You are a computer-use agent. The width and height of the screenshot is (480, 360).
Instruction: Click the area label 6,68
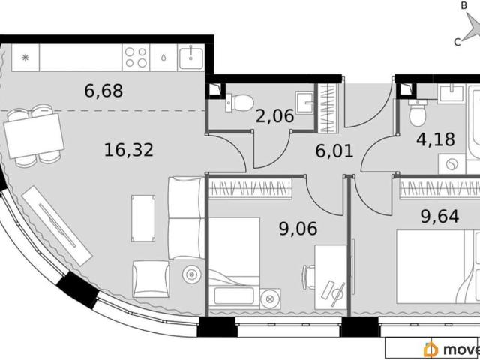click(103, 91)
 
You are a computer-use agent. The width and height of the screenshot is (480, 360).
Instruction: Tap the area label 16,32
click(128, 150)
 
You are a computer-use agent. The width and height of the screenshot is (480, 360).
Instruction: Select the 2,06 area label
click(274, 116)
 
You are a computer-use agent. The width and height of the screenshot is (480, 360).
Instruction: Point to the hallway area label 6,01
click(334, 151)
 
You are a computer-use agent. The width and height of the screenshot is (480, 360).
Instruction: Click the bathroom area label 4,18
click(436, 139)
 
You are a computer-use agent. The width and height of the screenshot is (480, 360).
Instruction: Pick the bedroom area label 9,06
click(298, 229)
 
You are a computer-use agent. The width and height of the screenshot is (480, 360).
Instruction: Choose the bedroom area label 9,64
click(439, 217)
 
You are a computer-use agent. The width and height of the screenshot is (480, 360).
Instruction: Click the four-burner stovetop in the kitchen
click(136, 58)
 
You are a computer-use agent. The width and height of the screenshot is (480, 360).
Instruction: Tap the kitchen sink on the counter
click(191, 58)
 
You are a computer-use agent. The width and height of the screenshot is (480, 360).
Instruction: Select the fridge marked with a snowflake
click(25, 58)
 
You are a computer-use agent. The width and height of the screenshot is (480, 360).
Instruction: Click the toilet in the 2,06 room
click(239, 103)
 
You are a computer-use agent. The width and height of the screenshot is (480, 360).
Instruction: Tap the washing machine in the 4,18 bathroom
click(451, 164)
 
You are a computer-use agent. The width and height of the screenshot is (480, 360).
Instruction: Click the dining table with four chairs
click(34, 136)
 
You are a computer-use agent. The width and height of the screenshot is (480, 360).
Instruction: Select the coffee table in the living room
click(143, 218)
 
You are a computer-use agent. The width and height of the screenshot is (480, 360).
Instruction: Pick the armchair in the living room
click(151, 279)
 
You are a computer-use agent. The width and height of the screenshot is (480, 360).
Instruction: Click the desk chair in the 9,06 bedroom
click(308, 277)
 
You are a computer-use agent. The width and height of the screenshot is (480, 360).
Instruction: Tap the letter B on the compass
click(464, 5)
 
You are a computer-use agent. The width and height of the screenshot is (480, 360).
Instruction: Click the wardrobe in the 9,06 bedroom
click(250, 188)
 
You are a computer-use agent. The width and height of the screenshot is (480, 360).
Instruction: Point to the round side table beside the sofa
click(192, 274)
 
